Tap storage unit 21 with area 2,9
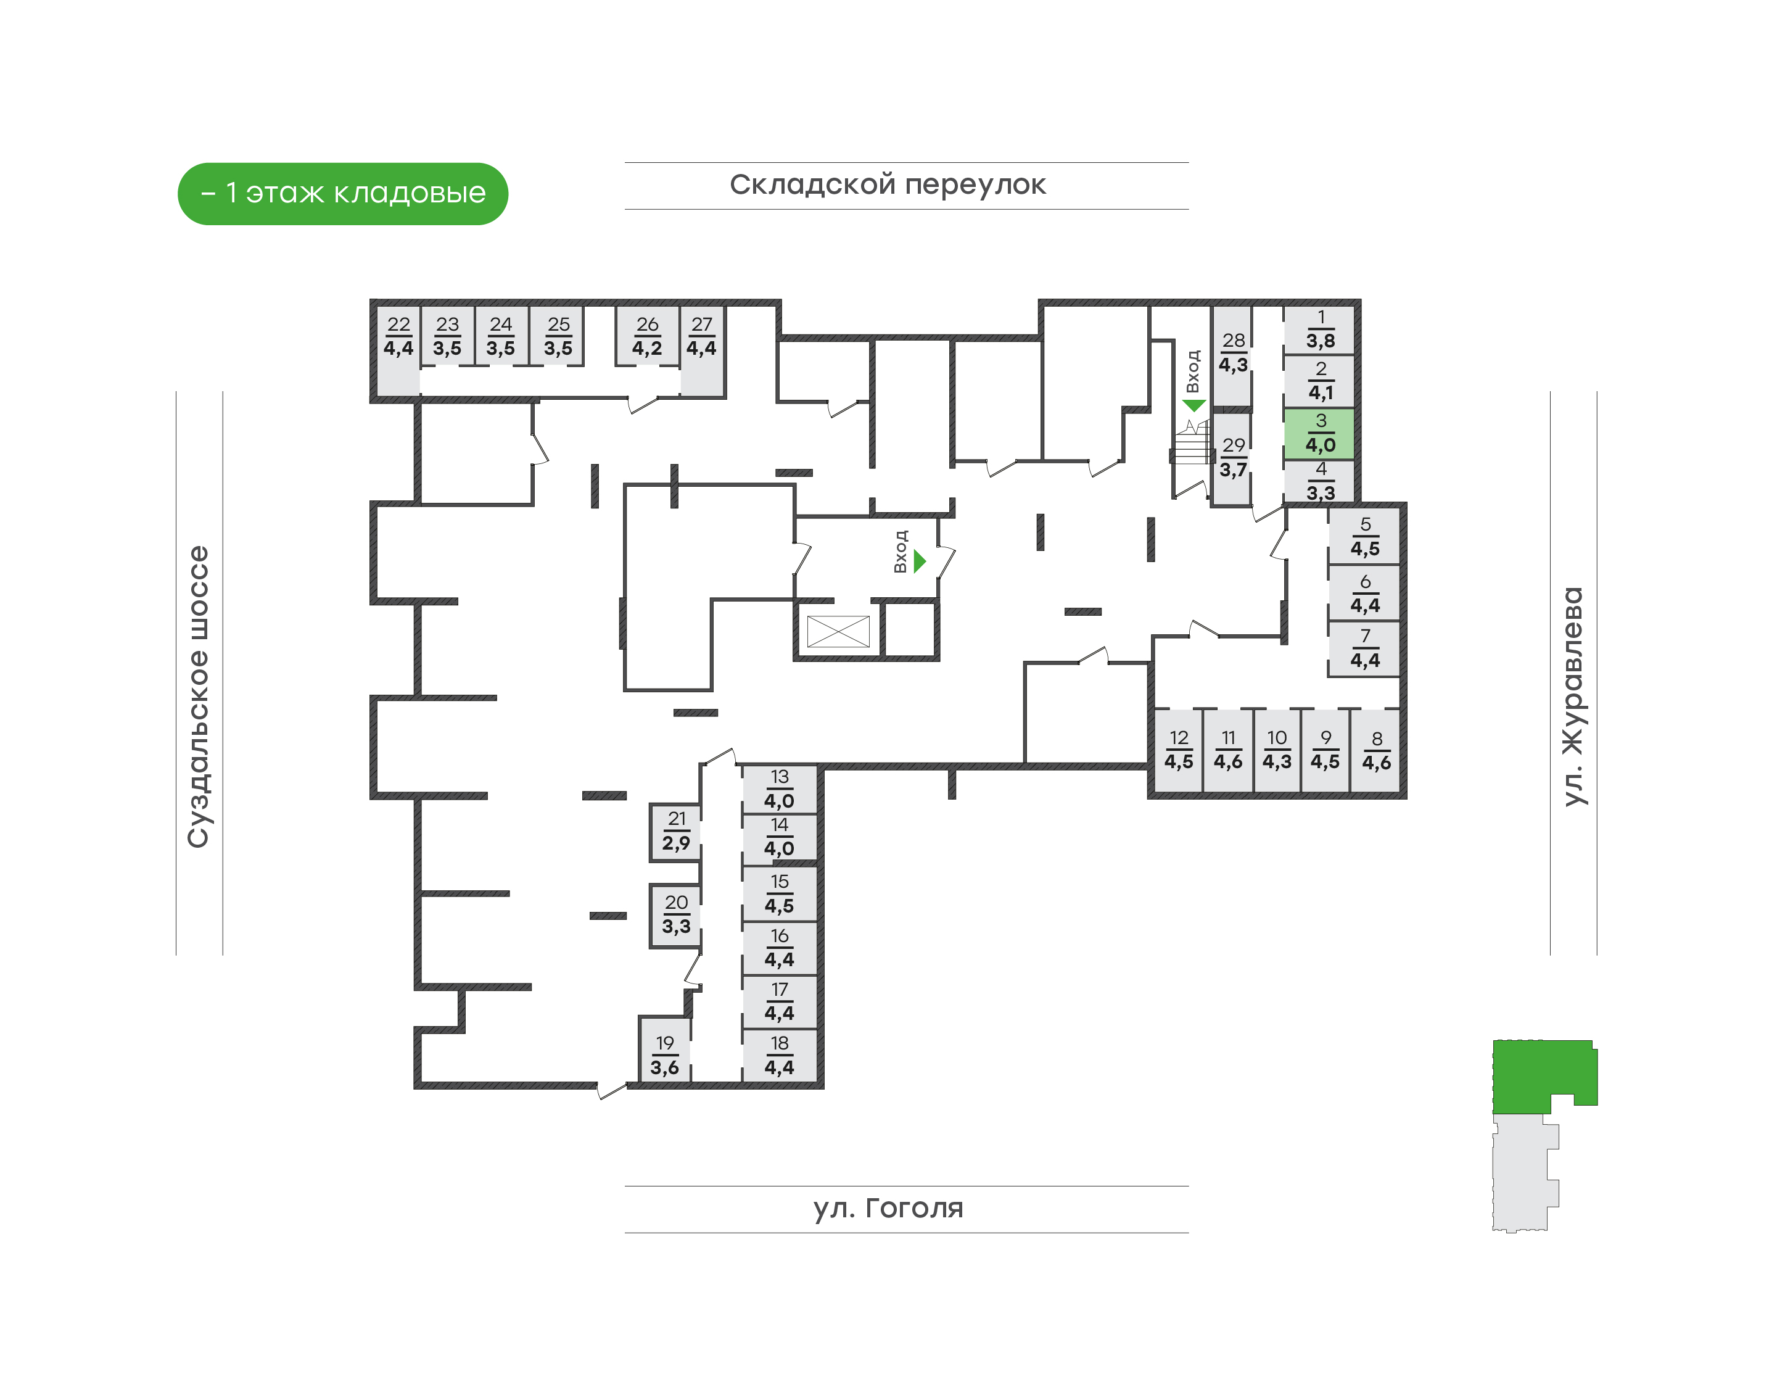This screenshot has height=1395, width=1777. coord(675,832)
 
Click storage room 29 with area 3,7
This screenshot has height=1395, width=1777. coord(1232,457)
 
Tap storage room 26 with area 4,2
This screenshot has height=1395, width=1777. coord(647,336)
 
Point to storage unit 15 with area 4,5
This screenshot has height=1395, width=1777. coord(779,893)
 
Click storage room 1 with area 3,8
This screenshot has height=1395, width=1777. coord(1320,329)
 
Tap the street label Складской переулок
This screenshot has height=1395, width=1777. coord(888,184)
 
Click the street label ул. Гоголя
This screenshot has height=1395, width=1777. coord(888,1208)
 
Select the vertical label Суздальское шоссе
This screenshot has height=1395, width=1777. coord(199,697)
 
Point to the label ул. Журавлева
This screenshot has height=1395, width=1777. coord(1573,697)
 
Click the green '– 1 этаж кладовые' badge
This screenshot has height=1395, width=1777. coord(343,194)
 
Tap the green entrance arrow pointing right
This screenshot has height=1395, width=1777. coord(920,561)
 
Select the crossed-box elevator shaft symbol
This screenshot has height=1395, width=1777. coord(838,631)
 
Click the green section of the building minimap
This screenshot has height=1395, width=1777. coord(1535,1074)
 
